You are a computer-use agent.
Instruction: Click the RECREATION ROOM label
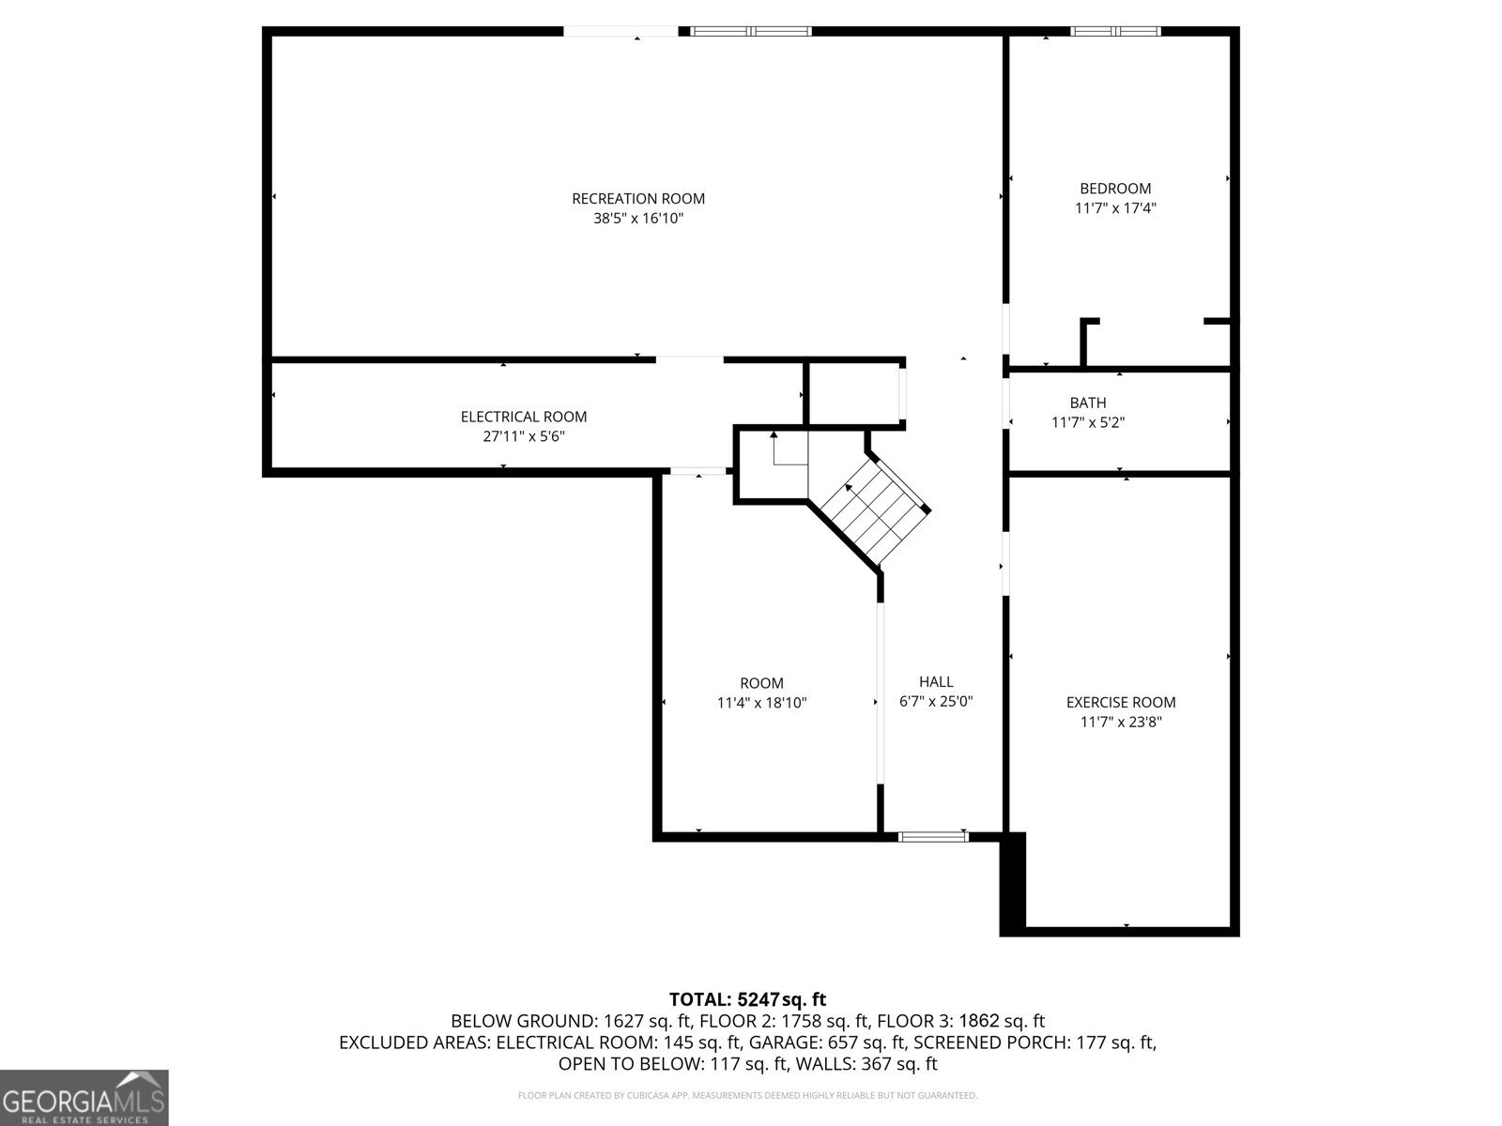(637, 199)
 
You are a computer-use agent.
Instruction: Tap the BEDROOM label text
(1115, 189)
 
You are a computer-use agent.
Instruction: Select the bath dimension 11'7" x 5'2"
(1088, 422)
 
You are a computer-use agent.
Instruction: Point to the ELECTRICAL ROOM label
(524, 417)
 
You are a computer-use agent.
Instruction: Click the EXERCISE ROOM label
(1121, 702)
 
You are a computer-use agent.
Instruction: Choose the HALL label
(936, 681)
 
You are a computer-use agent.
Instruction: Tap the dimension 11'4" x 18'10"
(761, 703)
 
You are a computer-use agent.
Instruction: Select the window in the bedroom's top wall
(1115, 32)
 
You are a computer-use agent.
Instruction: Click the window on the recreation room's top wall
(751, 32)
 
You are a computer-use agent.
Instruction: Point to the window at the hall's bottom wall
(933, 837)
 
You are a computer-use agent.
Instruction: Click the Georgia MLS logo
(84, 1098)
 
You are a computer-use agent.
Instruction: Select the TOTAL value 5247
(759, 999)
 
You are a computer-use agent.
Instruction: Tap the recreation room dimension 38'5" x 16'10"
(637, 219)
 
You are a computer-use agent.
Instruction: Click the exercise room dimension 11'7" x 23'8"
(1121, 722)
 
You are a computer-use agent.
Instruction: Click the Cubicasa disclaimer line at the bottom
(747, 1095)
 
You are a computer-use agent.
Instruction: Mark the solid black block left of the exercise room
(1013, 883)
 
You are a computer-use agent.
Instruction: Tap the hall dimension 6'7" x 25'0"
(936, 702)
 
